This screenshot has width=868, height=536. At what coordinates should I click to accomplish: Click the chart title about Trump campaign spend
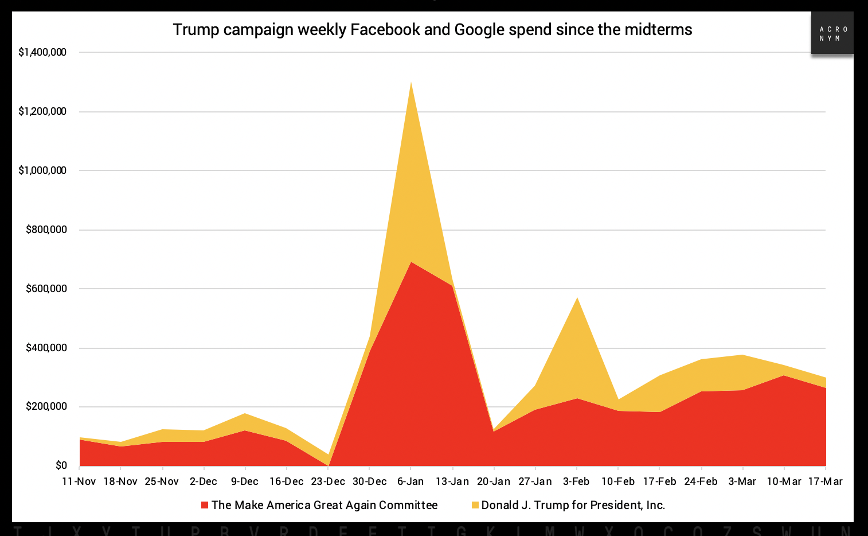point(432,29)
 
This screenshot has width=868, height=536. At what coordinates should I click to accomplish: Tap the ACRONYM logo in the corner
point(832,33)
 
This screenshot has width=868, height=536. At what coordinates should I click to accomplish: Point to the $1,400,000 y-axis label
point(42,52)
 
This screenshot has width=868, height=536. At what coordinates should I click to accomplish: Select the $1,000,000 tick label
point(42,170)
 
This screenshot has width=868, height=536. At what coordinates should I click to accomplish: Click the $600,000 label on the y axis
point(46,289)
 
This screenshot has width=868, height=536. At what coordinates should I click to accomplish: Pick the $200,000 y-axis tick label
point(46,407)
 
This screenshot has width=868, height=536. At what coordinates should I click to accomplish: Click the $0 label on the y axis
point(61,465)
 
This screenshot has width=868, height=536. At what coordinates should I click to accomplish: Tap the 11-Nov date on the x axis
point(79,481)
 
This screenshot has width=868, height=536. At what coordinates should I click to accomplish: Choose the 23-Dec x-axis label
point(328,481)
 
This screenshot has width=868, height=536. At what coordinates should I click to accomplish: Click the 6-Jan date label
point(410,481)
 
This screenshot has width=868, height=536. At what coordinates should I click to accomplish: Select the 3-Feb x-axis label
point(576,481)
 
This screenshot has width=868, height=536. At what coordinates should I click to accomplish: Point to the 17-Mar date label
point(825,481)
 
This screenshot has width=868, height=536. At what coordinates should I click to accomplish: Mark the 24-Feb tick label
point(701,481)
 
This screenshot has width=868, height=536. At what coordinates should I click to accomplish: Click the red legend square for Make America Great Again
point(205,505)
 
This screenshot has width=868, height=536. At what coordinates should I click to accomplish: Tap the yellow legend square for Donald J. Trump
point(475,505)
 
